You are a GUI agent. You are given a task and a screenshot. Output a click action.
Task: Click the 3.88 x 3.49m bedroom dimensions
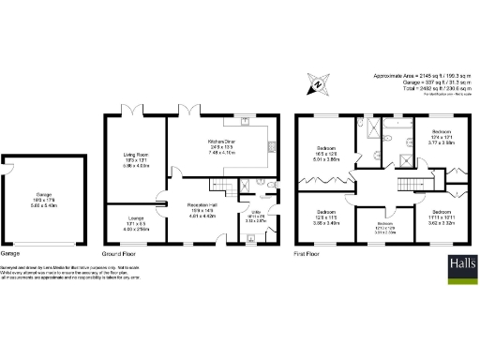click(325, 223)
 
